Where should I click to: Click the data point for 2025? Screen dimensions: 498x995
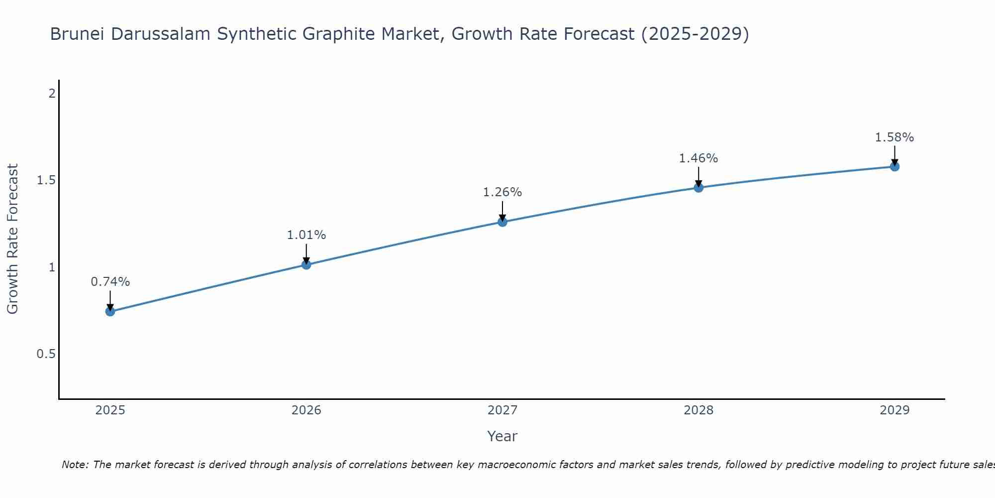click(x=110, y=312)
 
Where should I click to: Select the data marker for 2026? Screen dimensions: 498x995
click(x=306, y=264)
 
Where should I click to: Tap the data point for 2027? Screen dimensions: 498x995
click(x=502, y=222)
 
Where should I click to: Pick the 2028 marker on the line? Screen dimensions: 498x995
click(x=698, y=187)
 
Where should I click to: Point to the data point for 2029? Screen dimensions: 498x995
click(x=895, y=166)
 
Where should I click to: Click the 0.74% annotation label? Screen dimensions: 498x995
click(x=110, y=282)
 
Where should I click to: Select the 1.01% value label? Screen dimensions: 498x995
click(x=306, y=235)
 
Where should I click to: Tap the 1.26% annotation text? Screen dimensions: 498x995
click(x=502, y=192)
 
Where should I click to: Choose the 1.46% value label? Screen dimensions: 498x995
click(x=698, y=158)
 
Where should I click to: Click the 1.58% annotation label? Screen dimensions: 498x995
click(x=895, y=137)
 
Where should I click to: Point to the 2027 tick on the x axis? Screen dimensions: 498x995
click(x=502, y=410)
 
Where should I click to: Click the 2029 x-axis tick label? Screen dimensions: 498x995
click(x=895, y=410)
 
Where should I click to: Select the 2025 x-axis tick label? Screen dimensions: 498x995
click(x=110, y=410)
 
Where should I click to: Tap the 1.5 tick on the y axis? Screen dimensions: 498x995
click(x=46, y=180)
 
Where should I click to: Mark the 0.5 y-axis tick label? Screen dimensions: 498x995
click(x=46, y=354)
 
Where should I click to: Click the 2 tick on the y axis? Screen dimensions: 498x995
click(x=52, y=93)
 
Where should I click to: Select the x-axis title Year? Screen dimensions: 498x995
click(x=502, y=436)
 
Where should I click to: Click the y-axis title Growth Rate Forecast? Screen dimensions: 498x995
click(x=13, y=239)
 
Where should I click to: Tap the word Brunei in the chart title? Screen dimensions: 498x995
click(x=78, y=34)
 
